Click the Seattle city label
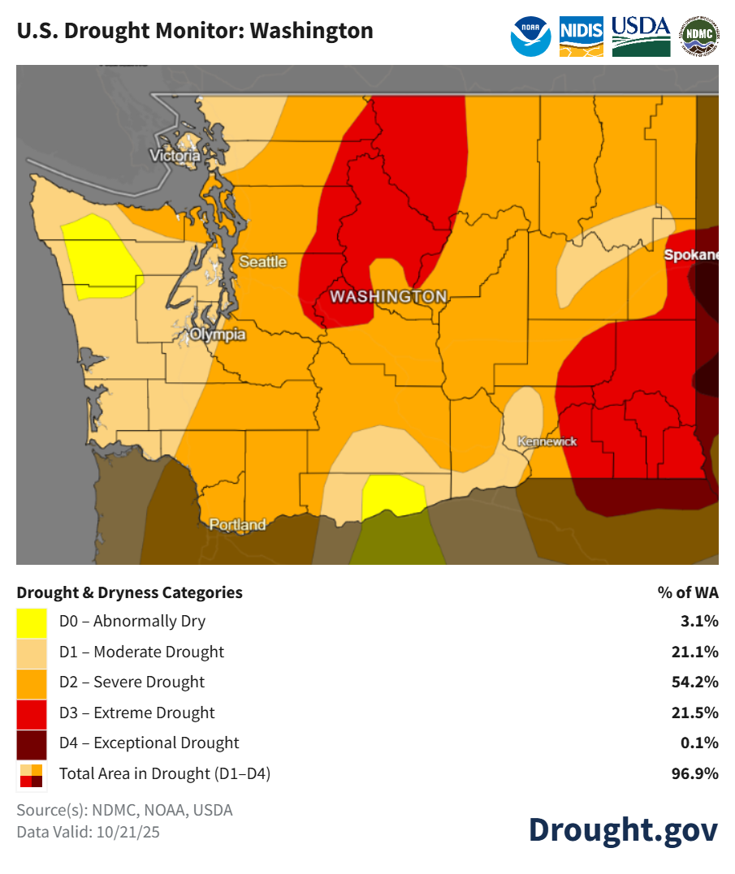coord(262,261)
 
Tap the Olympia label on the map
coord(217,334)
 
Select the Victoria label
coord(175,155)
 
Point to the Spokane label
coord(691,255)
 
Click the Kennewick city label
coord(547,441)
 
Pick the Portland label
coord(237,524)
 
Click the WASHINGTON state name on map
coord(388,296)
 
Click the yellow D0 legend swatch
coord(32,622)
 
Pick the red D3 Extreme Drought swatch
coord(32,713)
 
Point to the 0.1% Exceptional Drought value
coord(699,743)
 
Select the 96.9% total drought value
coord(696,774)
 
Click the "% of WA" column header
coord(688,592)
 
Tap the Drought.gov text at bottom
coord(623,829)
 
